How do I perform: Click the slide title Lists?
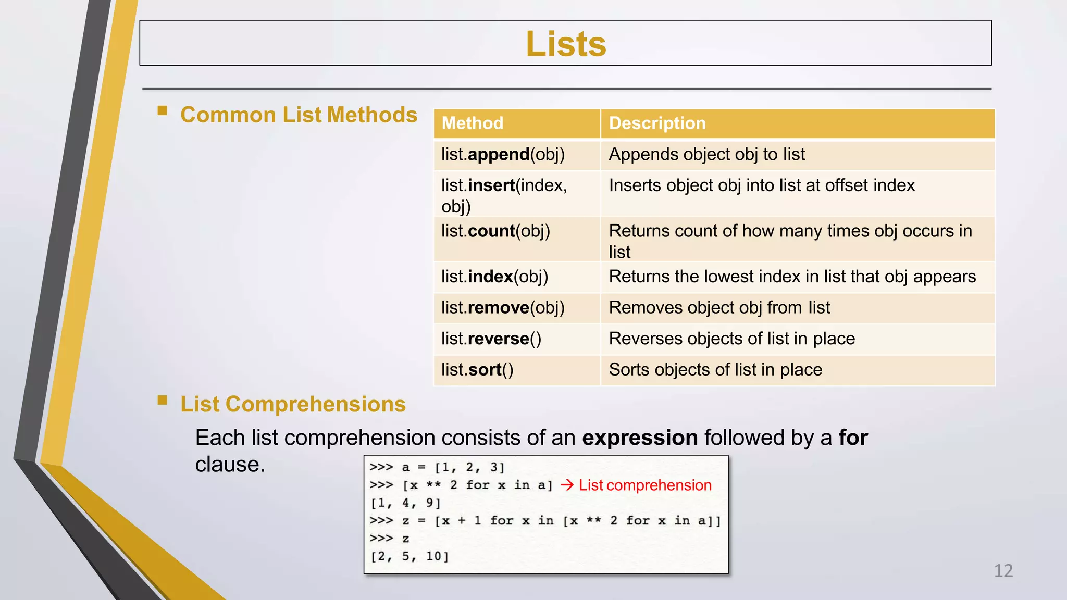coord(566,44)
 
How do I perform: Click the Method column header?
coord(473,123)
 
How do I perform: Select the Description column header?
coord(657,123)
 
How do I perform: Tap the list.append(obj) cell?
coord(503,155)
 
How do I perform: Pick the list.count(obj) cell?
coord(495,231)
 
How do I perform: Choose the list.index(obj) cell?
coord(494,277)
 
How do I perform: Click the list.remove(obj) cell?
coord(503,308)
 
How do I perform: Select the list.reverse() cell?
coord(491,339)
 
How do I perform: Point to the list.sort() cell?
coord(477,370)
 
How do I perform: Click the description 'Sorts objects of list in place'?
coord(715,370)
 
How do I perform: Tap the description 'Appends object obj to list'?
coord(706,155)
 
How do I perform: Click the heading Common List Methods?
coord(299,115)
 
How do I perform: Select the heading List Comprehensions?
coord(293,404)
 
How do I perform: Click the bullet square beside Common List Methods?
coord(163,110)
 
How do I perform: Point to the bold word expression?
coord(640,438)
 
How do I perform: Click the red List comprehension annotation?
coord(645,485)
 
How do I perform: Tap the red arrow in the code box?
coord(567,485)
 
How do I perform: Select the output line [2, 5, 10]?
coord(410,556)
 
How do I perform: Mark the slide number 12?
coord(1003,571)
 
